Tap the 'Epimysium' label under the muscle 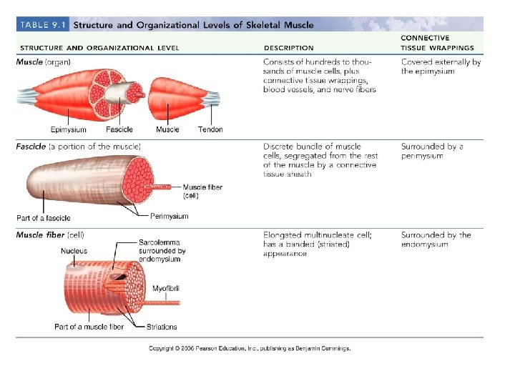[69, 130]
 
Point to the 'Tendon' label [210, 130]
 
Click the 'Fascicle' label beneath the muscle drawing [119, 130]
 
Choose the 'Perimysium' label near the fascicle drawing [170, 216]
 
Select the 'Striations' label [162, 327]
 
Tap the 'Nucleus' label [74, 251]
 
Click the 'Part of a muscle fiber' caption [89, 327]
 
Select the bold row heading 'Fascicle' [31, 147]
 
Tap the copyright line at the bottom [250, 349]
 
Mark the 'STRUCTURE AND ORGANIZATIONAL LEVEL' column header [97, 48]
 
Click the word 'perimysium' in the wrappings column [422, 156]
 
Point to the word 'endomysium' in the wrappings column [424, 244]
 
